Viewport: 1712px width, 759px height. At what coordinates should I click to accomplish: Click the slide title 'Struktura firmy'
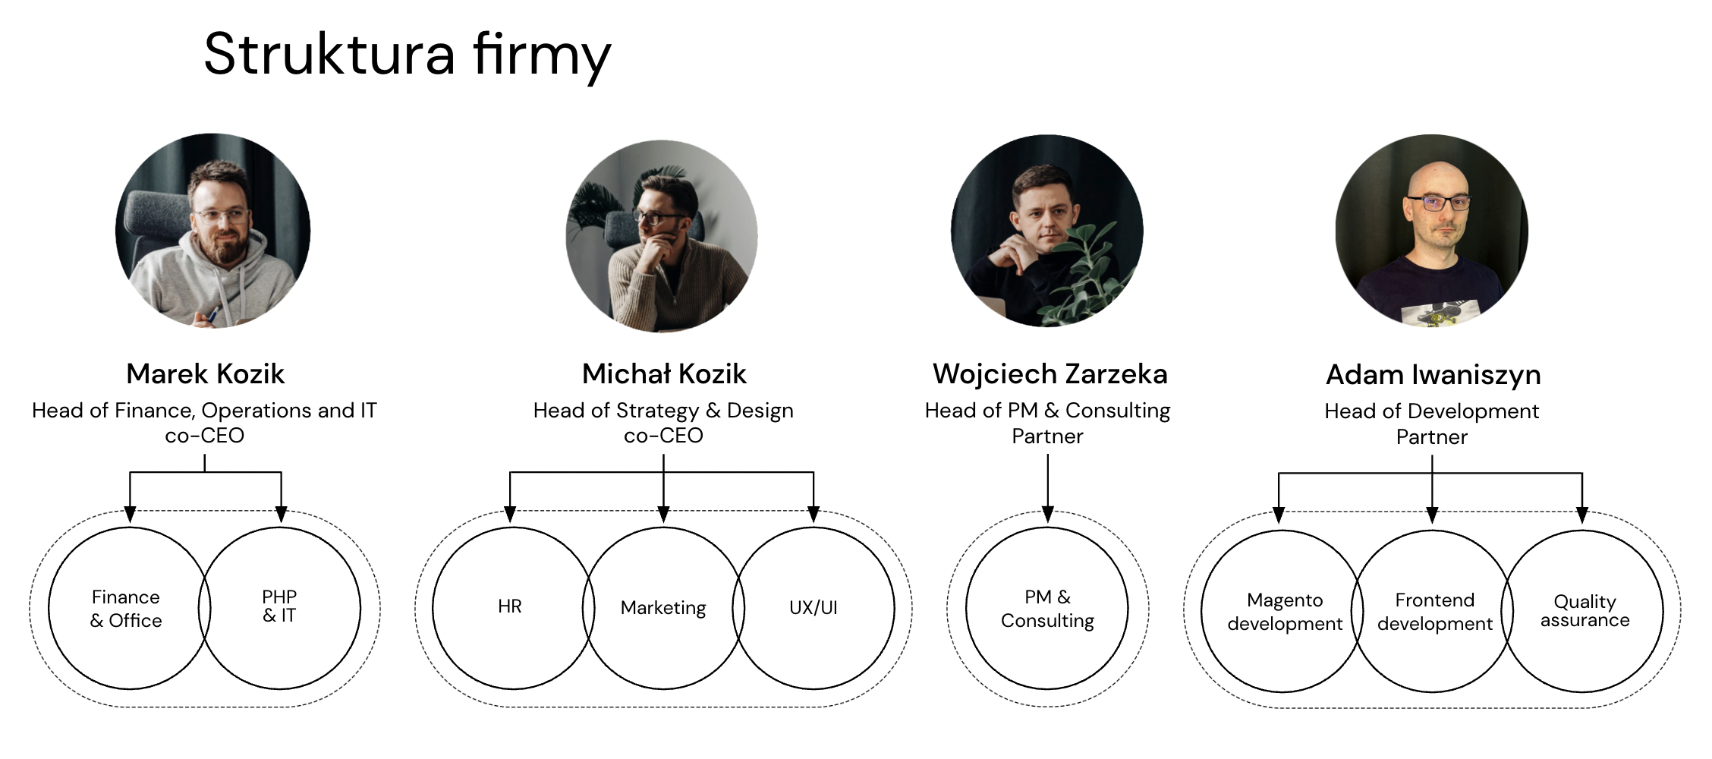coord(407,55)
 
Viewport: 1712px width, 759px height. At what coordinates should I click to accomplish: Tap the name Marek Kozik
coord(205,373)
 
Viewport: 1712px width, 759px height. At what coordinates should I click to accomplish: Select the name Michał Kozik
coord(664,373)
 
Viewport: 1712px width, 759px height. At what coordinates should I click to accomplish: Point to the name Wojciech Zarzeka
coord(1050,373)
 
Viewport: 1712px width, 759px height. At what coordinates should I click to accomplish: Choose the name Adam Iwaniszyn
coord(1433,374)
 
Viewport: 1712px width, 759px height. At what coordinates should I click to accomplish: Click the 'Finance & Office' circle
coord(126,609)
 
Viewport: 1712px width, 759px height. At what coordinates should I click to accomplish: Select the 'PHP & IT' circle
coord(280,607)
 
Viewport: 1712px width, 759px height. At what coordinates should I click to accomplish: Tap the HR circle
coord(510,607)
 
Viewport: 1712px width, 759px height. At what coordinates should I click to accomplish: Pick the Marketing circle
coord(663,608)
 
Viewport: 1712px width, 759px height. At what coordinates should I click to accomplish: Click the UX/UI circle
coord(814,608)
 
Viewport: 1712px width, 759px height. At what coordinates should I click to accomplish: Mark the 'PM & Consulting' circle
coord(1047,609)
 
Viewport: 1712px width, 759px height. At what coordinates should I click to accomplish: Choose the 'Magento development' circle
coord(1284,612)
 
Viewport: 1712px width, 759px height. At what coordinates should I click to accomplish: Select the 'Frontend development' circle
coord(1434,612)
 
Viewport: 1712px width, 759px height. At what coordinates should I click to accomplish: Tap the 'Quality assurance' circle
coord(1585,611)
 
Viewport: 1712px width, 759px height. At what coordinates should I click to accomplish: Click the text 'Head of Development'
coord(1431,411)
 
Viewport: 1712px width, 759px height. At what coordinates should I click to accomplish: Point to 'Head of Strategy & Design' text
coord(663,411)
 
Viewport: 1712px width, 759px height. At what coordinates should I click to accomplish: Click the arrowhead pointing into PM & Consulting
coord(1048,515)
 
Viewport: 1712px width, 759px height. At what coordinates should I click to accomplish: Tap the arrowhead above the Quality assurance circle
coord(1582,515)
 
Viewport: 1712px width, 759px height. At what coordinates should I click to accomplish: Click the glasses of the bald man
coord(1438,203)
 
